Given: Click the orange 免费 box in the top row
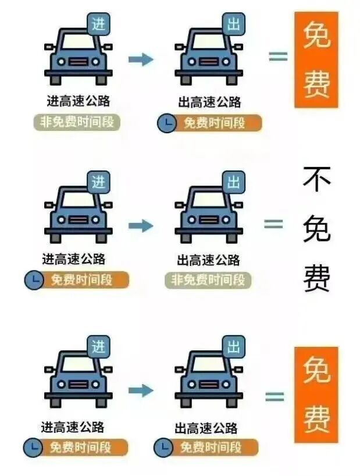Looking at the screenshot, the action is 316,60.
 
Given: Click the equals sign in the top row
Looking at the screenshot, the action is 278,56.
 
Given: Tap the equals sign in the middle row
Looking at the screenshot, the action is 274,224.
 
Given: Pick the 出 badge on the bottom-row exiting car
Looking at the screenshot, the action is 234,348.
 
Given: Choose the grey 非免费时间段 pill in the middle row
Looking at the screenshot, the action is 208,280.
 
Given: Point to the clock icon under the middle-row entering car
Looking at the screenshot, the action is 34,280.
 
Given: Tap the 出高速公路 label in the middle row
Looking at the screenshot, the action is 208,260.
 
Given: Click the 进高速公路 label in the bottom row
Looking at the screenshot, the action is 73,428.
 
